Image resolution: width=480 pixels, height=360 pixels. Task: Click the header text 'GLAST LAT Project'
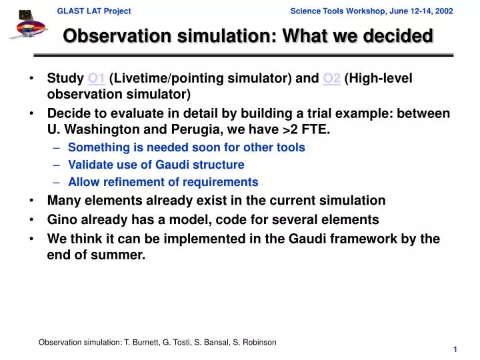pos(93,11)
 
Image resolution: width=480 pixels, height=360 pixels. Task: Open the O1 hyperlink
pos(96,79)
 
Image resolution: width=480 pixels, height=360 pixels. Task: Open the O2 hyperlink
pos(331,79)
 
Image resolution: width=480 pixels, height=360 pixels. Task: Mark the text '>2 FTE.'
pos(307,129)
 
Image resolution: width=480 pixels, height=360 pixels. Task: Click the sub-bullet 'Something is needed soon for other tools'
pos(186,147)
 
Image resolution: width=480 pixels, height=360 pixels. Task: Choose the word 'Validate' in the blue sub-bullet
pos(90,165)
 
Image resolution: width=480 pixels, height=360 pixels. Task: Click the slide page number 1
pos(454,349)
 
